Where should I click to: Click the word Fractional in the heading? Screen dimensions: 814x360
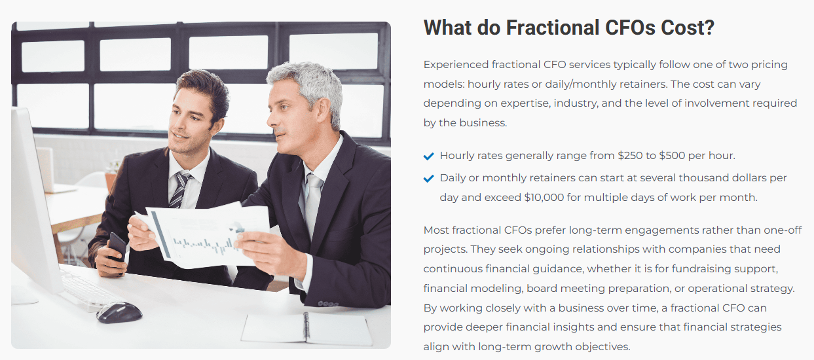552,27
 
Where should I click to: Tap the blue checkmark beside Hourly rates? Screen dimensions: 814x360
429,156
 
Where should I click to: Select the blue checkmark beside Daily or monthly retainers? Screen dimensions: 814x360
429,179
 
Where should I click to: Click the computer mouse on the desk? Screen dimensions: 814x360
119,312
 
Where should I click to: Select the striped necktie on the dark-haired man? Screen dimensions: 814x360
180,189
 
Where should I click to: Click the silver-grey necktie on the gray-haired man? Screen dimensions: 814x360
312,204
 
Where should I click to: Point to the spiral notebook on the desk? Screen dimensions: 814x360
306,329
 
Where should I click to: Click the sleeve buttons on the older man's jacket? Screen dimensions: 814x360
327,304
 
